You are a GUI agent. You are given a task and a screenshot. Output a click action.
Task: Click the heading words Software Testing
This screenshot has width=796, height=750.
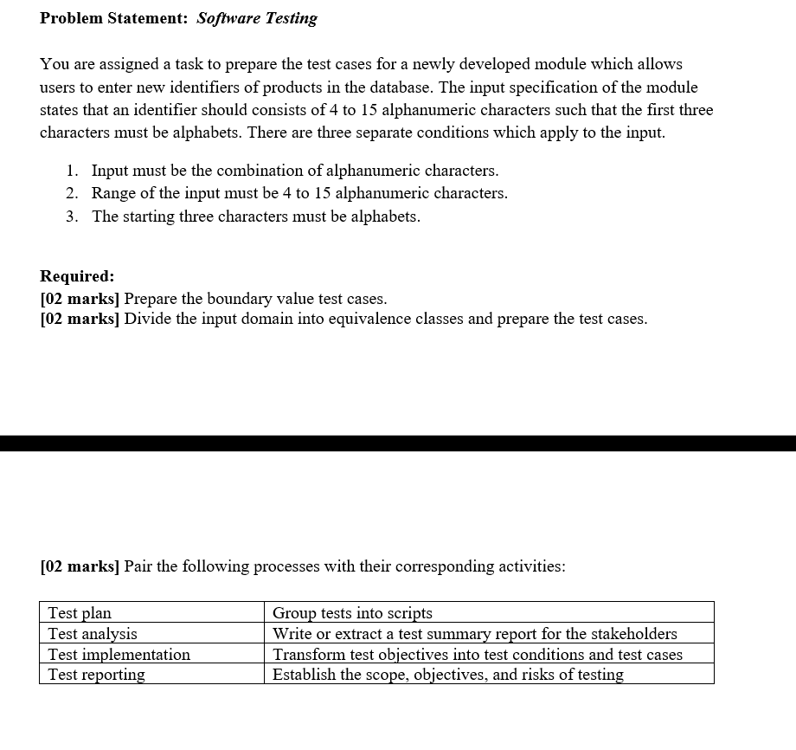point(257,18)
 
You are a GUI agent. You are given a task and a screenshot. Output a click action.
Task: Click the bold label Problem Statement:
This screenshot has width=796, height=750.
point(114,18)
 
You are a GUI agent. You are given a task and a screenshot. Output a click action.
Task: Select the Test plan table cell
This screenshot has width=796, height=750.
point(151,613)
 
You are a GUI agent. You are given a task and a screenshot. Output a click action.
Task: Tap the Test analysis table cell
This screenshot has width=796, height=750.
point(151,634)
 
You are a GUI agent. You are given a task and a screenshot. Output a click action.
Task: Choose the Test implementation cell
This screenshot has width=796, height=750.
point(151,655)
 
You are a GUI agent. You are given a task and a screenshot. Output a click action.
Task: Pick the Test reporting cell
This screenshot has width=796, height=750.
point(151,675)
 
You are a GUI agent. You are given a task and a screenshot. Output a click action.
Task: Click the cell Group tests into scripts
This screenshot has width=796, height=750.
point(489,613)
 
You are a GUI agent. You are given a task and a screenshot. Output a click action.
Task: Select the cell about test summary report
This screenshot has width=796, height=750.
point(489,634)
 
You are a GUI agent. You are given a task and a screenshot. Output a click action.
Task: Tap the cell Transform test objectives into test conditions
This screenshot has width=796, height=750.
point(489,655)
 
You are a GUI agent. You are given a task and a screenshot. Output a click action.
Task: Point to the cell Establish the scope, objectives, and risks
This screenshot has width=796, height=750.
point(489,675)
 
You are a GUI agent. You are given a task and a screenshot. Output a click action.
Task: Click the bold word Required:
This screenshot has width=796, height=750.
point(77,276)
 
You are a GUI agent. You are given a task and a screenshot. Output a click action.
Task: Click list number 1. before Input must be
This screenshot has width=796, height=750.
point(73,171)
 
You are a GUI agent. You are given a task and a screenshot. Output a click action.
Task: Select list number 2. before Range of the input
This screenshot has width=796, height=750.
point(73,193)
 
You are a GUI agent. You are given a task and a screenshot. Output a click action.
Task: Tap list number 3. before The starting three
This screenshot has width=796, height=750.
point(73,217)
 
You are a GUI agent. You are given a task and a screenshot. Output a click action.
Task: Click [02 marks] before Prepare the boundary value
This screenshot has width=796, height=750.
point(80,299)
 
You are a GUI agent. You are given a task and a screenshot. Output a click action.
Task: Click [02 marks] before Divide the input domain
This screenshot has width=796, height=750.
point(80,319)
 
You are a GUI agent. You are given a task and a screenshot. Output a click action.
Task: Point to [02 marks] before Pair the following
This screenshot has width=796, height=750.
point(80,566)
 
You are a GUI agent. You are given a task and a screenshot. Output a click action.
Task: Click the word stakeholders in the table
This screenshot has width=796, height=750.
point(635,634)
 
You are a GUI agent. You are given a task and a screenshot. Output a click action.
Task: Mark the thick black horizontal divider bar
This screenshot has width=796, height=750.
point(398,443)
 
